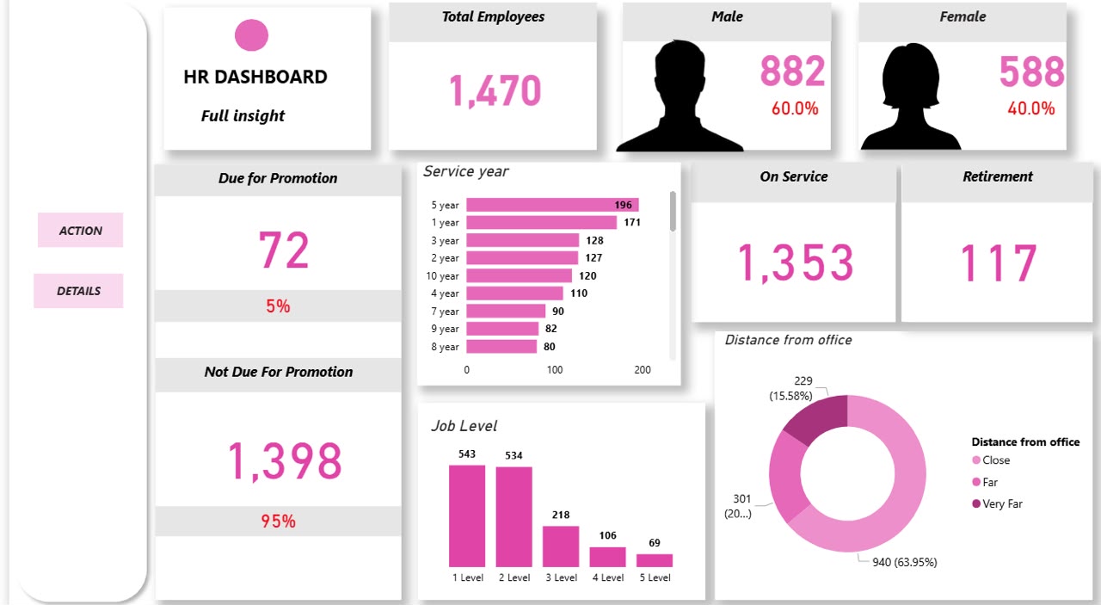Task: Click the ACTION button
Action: pos(81,230)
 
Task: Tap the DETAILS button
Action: pos(78,291)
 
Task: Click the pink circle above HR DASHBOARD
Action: pos(251,35)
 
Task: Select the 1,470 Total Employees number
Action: pos(495,90)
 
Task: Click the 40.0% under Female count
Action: pos(1030,108)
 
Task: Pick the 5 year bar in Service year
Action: pos(552,205)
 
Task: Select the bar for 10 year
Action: pos(519,275)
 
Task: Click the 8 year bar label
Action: pos(445,347)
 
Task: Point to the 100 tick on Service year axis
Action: pos(555,370)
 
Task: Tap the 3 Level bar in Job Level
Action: pos(561,546)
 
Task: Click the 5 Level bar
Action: pos(655,561)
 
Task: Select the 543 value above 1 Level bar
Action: pos(467,454)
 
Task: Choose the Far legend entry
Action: pos(985,482)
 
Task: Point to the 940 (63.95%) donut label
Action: pos(904,562)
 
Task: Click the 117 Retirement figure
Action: pos(999,263)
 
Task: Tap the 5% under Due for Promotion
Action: pos(278,306)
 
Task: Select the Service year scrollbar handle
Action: pos(673,211)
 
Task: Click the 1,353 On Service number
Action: pos(796,263)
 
